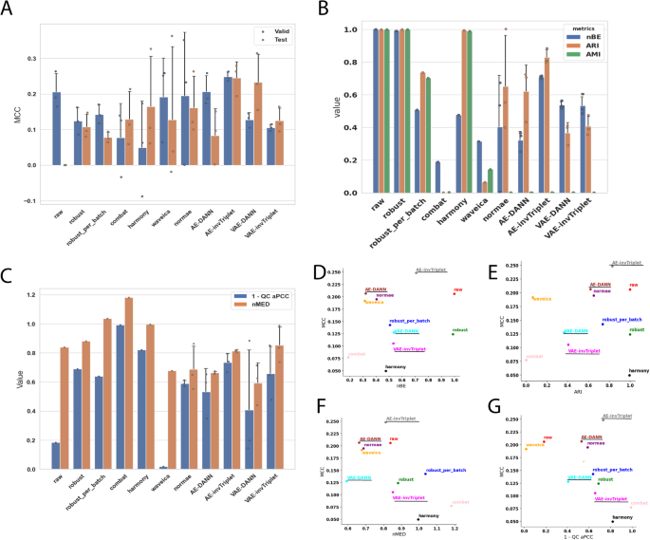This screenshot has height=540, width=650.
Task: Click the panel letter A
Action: [10, 10]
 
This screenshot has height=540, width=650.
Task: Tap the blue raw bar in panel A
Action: [56, 128]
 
